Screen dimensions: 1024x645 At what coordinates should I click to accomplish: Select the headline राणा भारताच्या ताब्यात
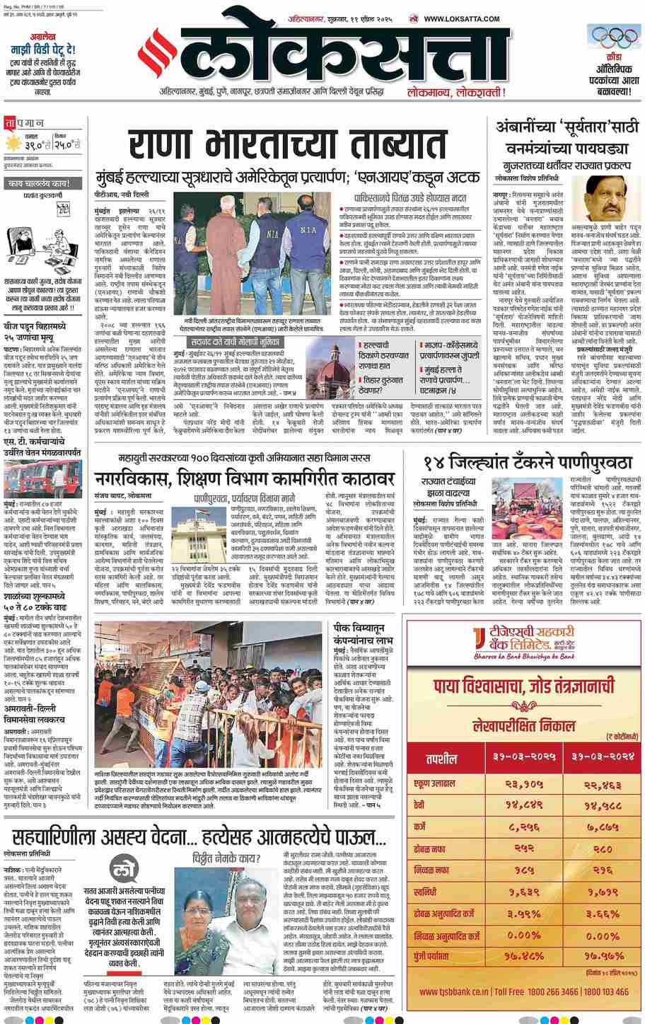pos(287,145)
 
